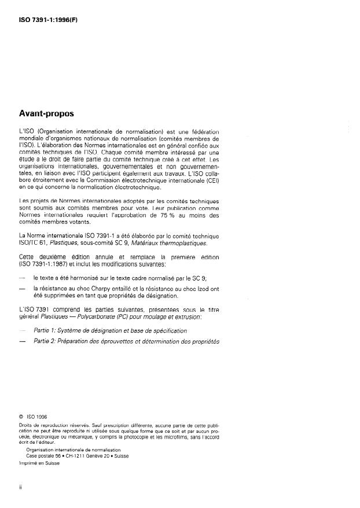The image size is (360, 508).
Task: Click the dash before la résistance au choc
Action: (22, 288)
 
